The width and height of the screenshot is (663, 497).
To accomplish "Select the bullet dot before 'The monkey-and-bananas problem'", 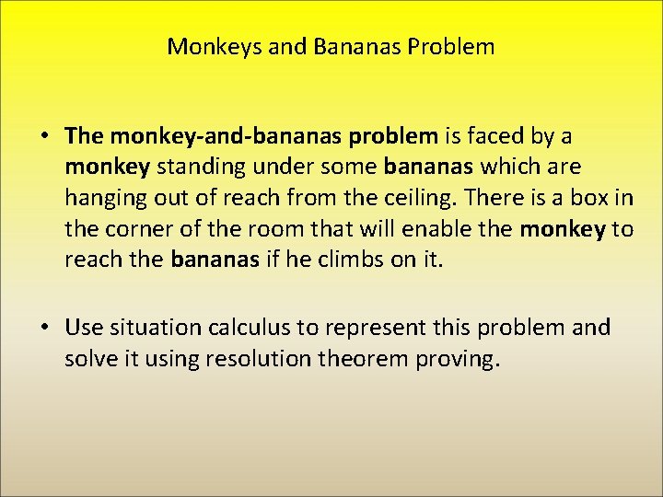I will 44,137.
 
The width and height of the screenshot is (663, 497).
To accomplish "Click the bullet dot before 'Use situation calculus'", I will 44,329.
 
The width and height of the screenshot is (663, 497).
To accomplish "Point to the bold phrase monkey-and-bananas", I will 227,137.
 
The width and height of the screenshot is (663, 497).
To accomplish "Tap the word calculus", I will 242,329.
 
